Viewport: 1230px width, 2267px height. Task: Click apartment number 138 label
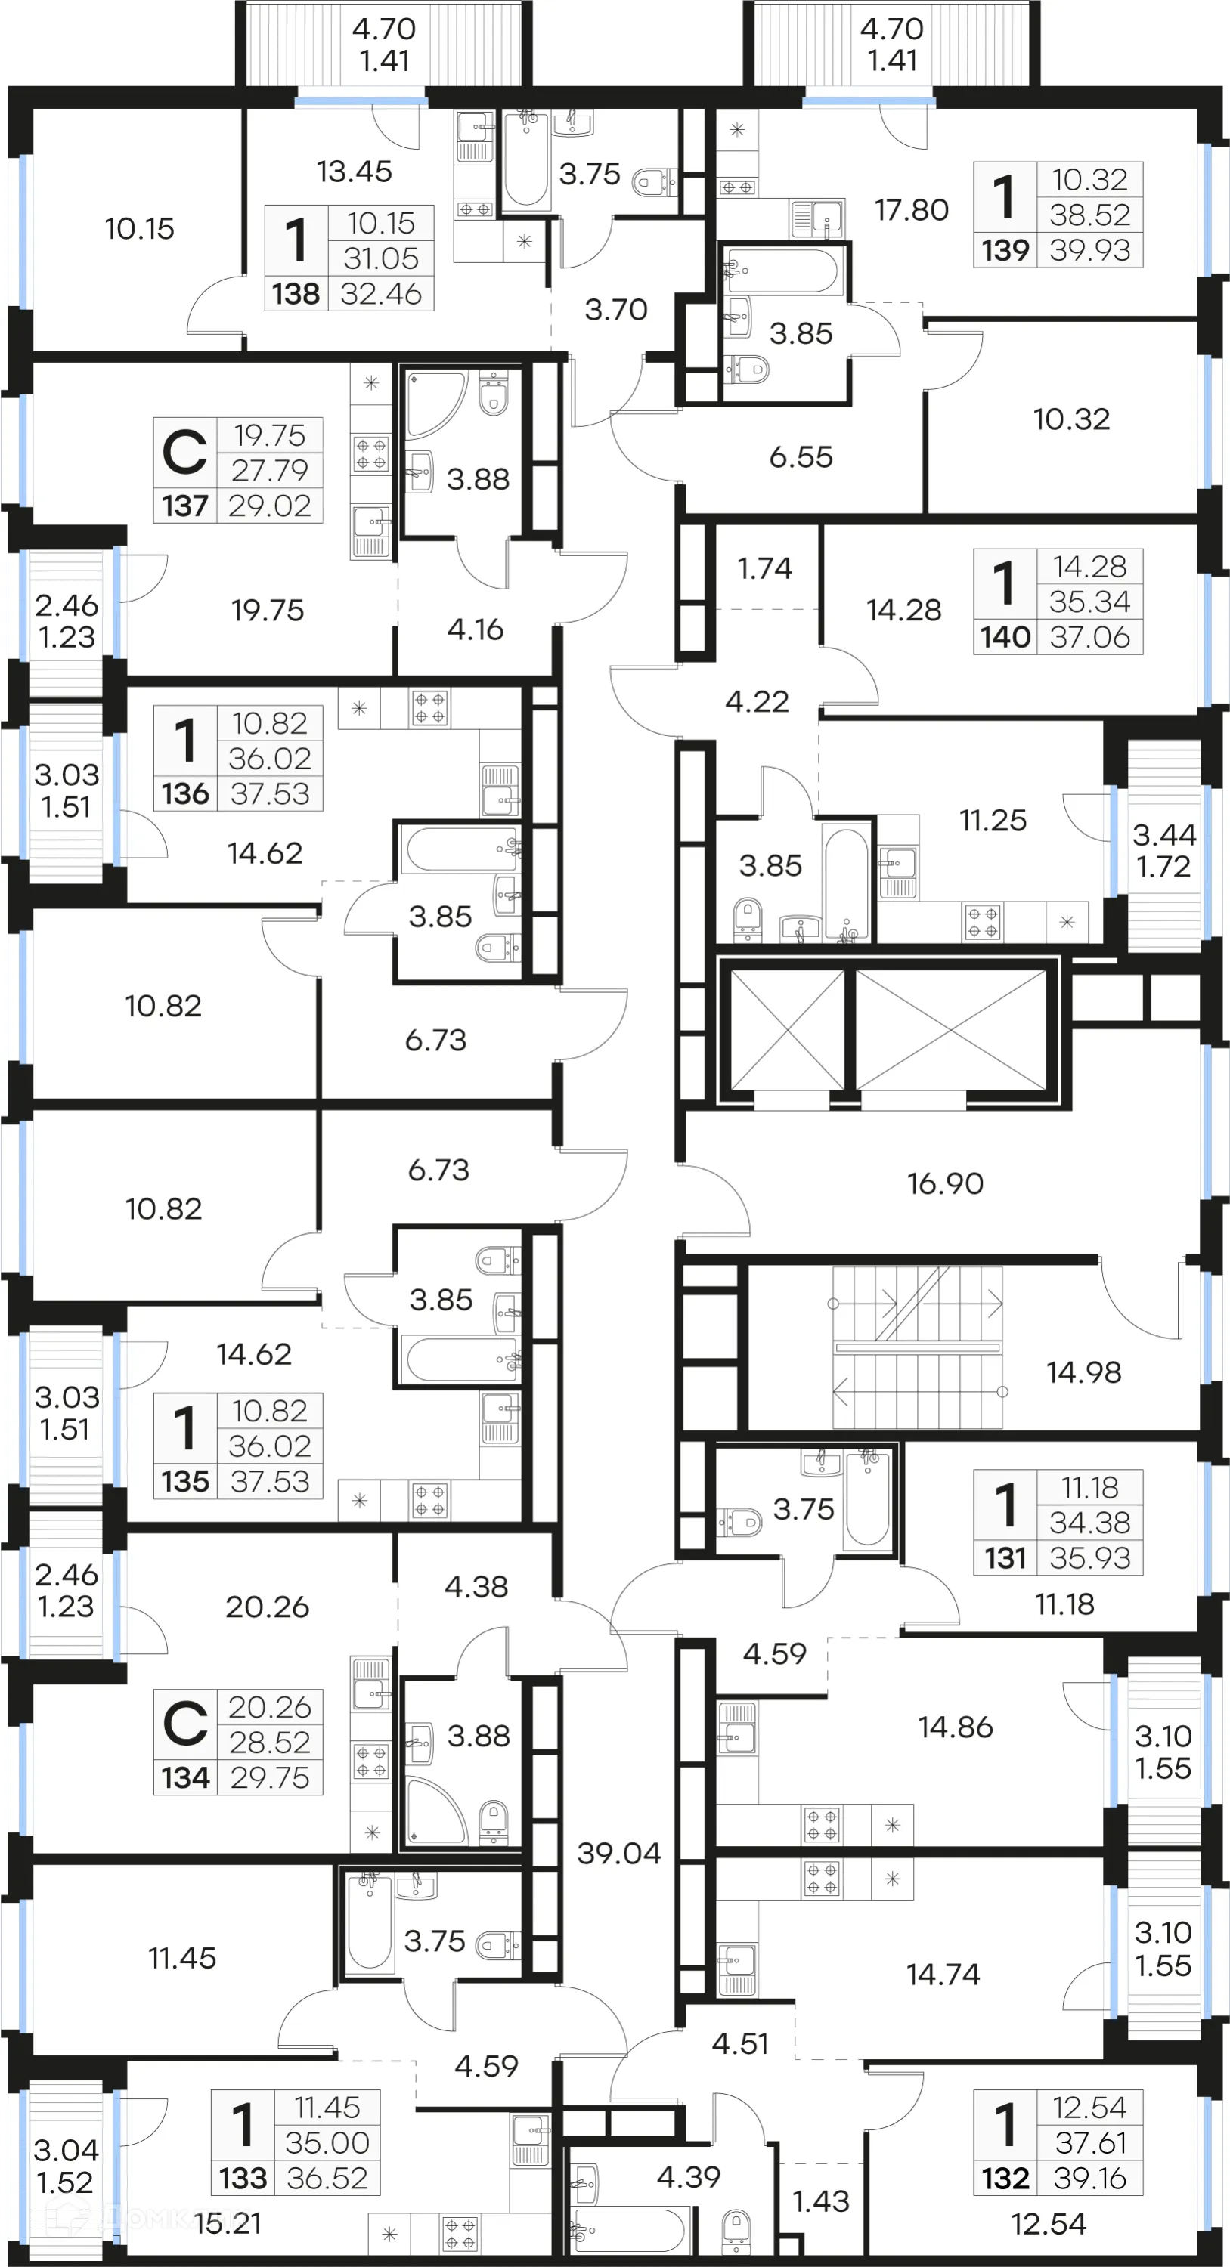(x=296, y=293)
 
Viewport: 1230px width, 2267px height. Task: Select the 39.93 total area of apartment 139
(x=1089, y=250)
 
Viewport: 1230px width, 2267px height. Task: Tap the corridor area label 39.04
(x=619, y=1854)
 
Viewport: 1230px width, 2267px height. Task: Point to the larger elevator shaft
(x=951, y=1028)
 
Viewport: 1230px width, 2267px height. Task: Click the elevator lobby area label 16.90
(x=945, y=1183)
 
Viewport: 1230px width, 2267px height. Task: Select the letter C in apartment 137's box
(x=185, y=453)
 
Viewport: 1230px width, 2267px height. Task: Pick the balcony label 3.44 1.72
(x=1163, y=850)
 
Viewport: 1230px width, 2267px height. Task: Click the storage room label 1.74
(x=764, y=568)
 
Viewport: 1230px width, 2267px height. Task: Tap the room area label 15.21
(x=228, y=2223)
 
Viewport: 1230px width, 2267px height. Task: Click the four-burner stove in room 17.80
(x=737, y=187)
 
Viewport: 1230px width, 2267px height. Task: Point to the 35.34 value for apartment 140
(x=1089, y=602)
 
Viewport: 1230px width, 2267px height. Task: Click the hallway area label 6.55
(x=801, y=456)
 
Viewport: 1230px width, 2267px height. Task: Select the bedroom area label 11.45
(x=181, y=1958)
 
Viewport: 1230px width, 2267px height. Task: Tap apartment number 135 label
(x=185, y=1481)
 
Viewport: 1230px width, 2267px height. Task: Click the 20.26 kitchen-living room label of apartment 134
(x=267, y=1607)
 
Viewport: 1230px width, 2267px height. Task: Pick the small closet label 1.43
(x=820, y=2201)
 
